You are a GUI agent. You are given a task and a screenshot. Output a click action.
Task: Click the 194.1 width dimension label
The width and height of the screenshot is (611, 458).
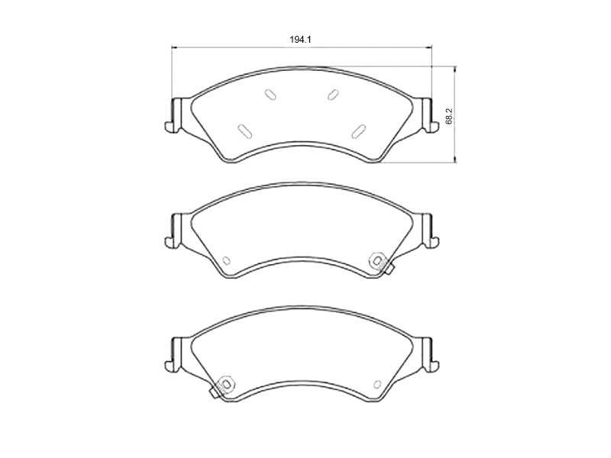(x=300, y=40)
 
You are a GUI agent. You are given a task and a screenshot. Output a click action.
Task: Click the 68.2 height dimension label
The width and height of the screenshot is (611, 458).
(x=449, y=116)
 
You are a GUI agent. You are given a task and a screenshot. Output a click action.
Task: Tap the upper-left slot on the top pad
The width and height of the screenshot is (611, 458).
(x=270, y=94)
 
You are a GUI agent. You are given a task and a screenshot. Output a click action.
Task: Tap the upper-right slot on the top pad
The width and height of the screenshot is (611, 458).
(x=333, y=94)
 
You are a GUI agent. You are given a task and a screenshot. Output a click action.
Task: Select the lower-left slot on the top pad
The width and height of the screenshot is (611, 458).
(x=244, y=131)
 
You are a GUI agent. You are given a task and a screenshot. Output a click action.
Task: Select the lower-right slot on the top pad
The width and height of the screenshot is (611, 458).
(x=358, y=131)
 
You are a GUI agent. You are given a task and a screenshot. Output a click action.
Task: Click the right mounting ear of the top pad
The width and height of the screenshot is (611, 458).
(x=430, y=115)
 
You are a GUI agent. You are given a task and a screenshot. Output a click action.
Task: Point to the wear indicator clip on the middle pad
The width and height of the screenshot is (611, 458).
(x=380, y=263)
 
